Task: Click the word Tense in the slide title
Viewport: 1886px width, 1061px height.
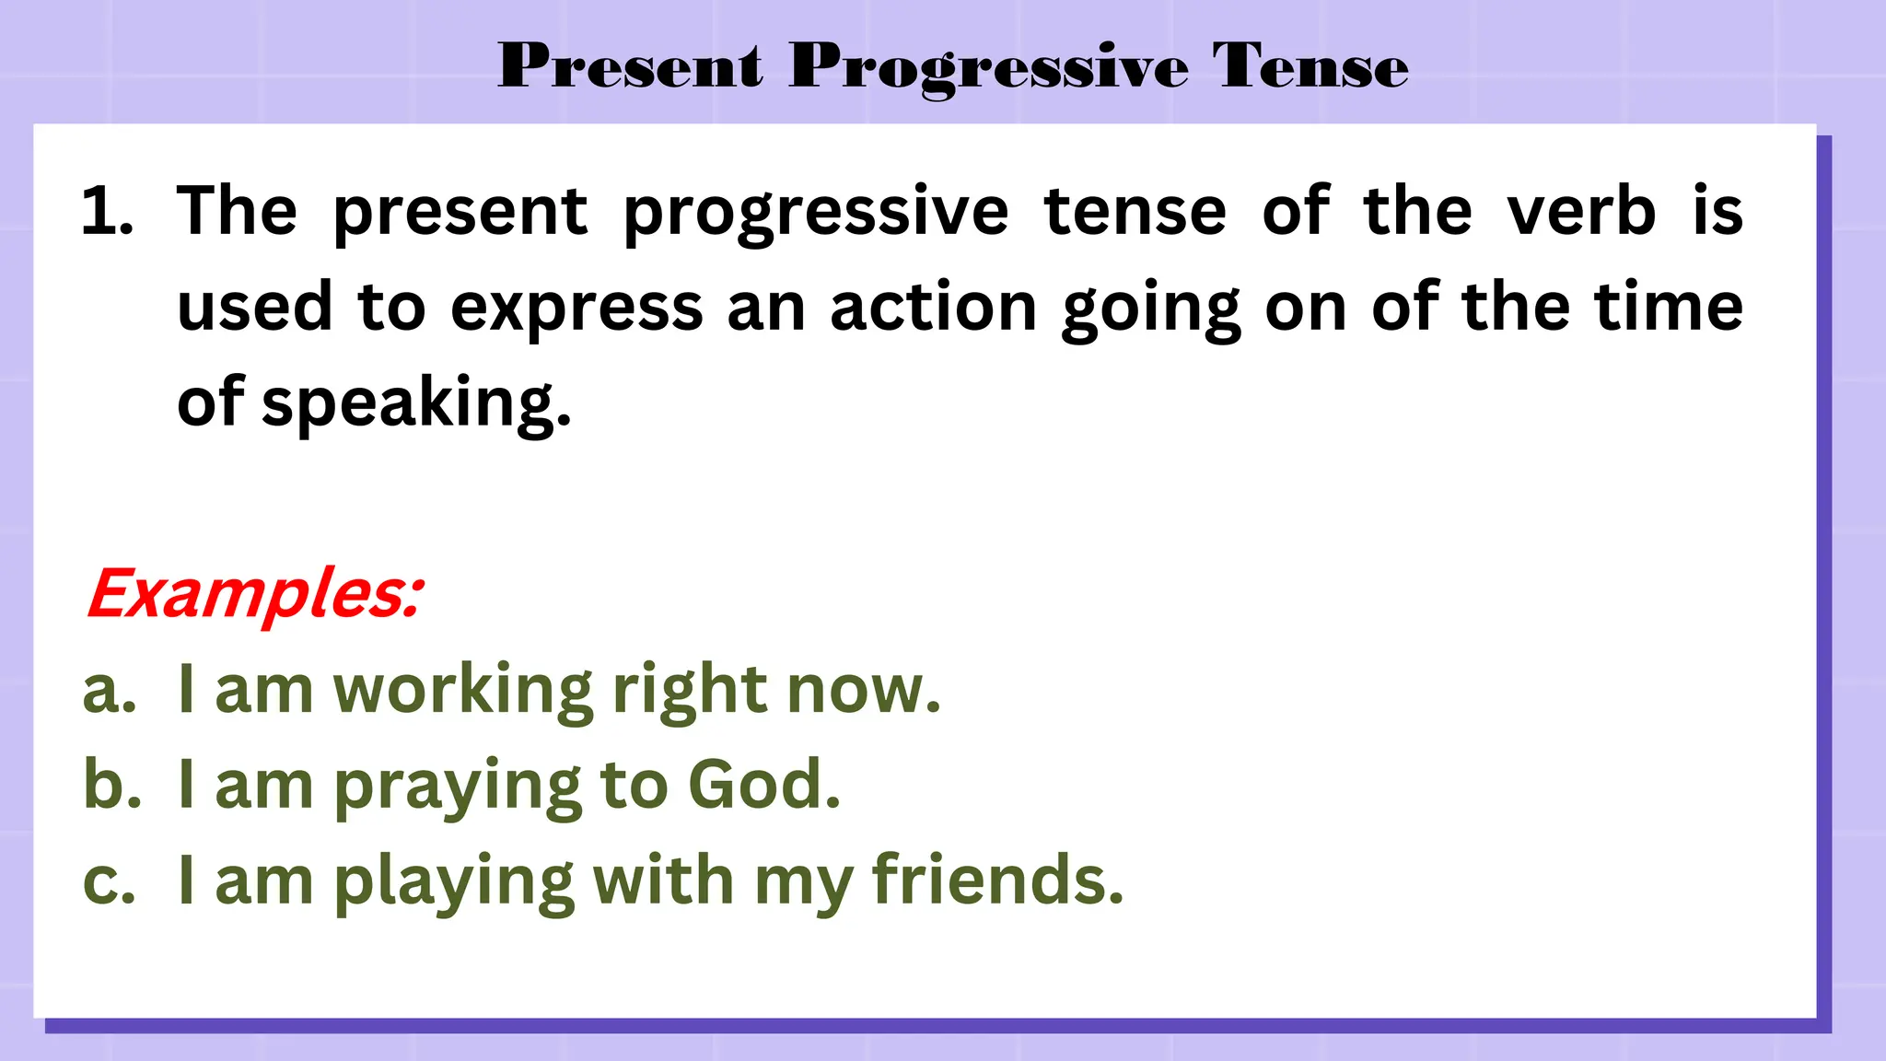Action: point(1310,66)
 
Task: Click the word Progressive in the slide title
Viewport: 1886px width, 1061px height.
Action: point(988,68)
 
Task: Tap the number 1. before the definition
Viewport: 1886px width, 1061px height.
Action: point(107,212)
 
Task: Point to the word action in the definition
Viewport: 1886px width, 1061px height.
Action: point(933,308)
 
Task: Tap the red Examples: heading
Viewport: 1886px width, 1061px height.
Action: point(255,594)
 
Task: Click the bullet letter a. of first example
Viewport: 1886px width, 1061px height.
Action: point(110,691)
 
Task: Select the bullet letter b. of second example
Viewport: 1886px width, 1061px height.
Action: point(111,785)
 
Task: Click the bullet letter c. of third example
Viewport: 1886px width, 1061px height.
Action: point(110,880)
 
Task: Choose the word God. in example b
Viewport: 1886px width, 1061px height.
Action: point(763,785)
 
